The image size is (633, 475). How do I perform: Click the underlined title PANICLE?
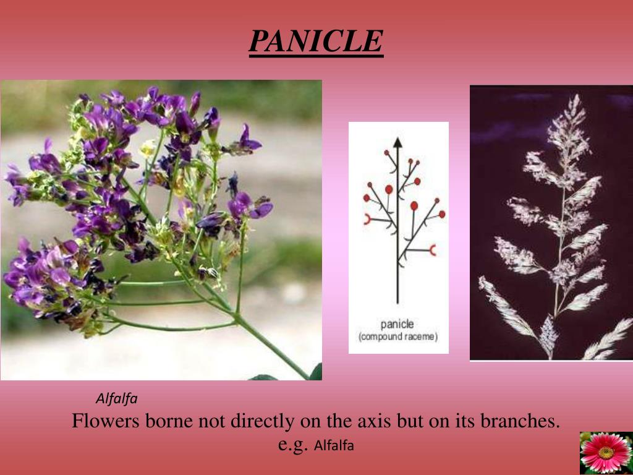pyautogui.click(x=316, y=41)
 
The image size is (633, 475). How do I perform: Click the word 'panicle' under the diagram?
pyautogui.click(x=397, y=324)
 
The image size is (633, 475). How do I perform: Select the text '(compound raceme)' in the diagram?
pyautogui.click(x=397, y=336)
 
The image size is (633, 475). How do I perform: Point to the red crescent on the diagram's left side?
pyautogui.click(x=367, y=218)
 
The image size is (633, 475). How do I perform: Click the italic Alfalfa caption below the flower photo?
pyautogui.click(x=116, y=399)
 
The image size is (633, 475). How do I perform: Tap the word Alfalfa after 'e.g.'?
pyautogui.click(x=334, y=445)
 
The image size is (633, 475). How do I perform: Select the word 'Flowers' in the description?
pyautogui.click(x=106, y=421)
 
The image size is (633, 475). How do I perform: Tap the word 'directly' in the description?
pyautogui.click(x=263, y=421)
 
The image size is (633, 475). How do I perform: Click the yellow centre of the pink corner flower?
pyautogui.click(x=606, y=453)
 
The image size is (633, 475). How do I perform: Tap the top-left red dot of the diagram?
pyautogui.click(x=386, y=152)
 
